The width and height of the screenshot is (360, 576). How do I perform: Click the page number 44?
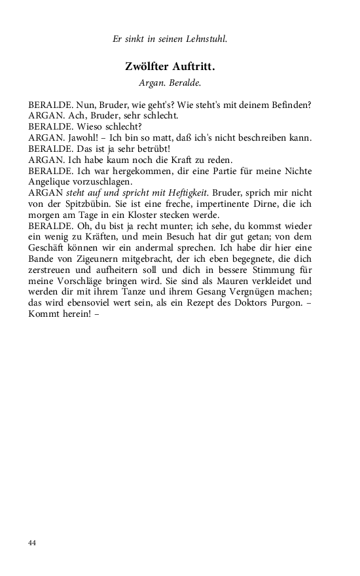pyautogui.click(x=33, y=543)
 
